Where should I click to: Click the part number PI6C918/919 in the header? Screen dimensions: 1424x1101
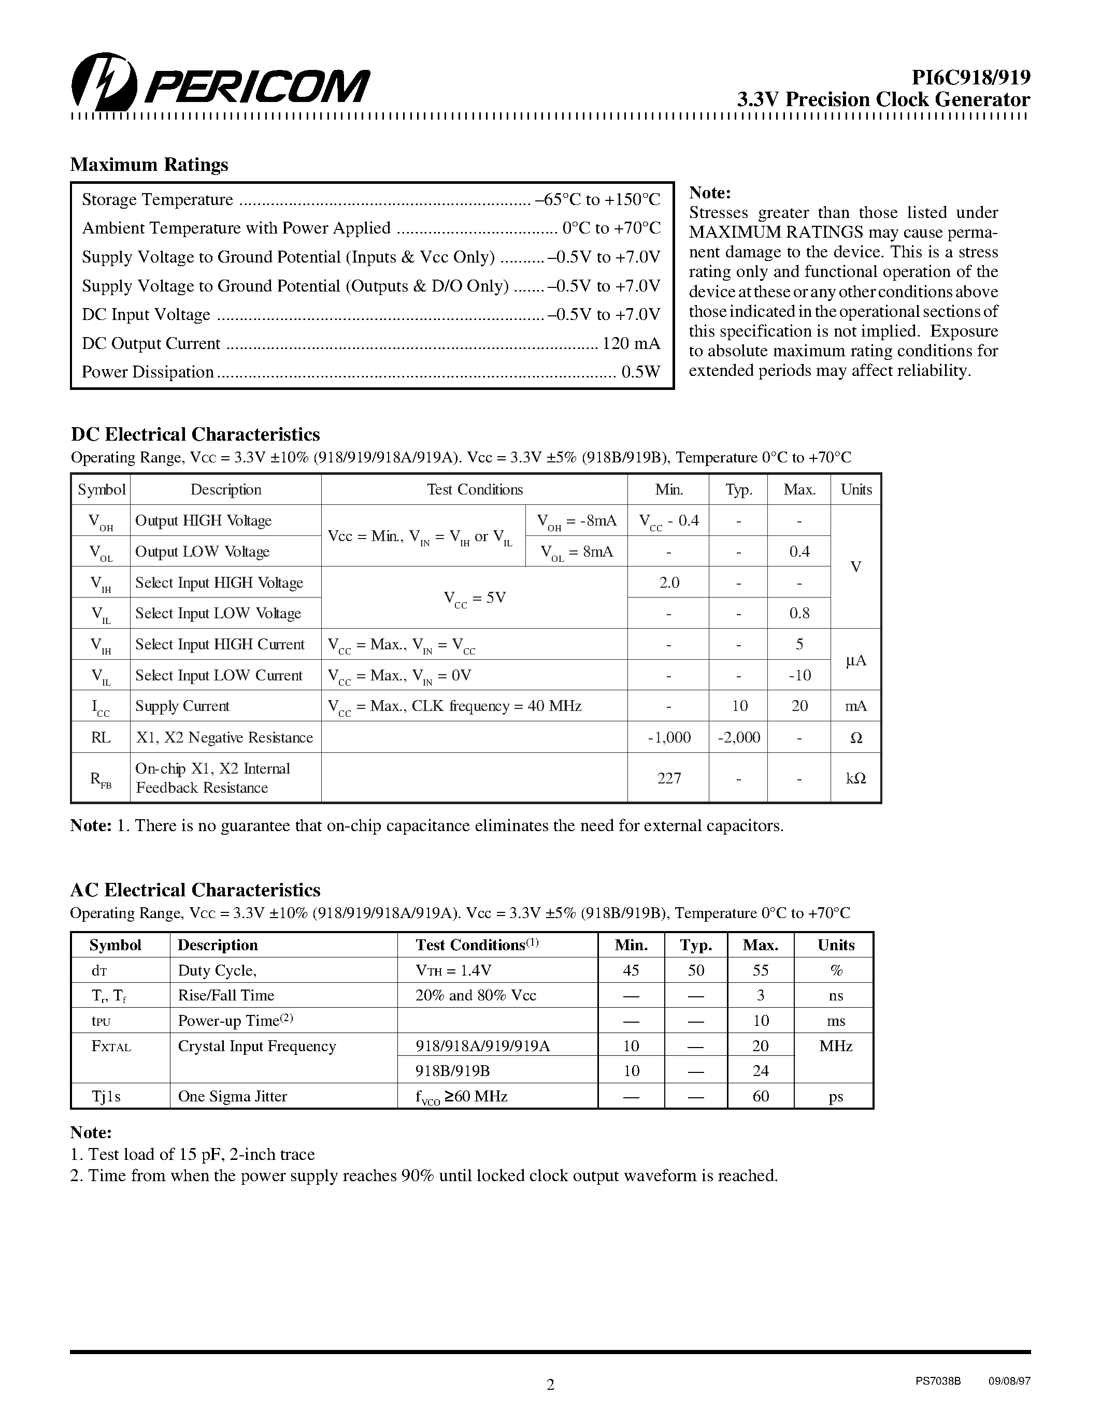pyautogui.click(x=970, y=78)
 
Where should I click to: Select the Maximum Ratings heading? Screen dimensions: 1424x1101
pyautogui.click(x=149, y=164)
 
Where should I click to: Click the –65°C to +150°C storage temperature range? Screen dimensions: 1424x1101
pyautogui.click(x=597, y=199)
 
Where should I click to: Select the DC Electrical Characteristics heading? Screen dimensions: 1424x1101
pyautogui.click(x=195, y=434)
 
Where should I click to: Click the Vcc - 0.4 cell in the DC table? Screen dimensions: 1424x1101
pyautogui.click(x=668, y=521)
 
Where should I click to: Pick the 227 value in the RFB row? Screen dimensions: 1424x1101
pyautogui.click(x=668, y=778)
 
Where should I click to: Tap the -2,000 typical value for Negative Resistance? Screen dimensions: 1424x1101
pyautogui.click(x=738, y=737)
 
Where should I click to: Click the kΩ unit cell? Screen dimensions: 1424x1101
pyautogui.click(x=855, y=778)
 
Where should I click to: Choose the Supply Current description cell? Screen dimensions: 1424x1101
pyautogui.click(x=182, y=706)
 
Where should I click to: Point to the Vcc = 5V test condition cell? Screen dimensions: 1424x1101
pyautogui.click(x=474, y=598)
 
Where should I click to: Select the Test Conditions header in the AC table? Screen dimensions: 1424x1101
pyautogui.click(x=477, y=946)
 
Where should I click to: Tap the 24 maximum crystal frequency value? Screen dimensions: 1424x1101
pyautogui.click(x=761, y=1071)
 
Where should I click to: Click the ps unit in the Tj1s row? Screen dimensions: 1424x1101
pyautogui.click(x=836, y=1097)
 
